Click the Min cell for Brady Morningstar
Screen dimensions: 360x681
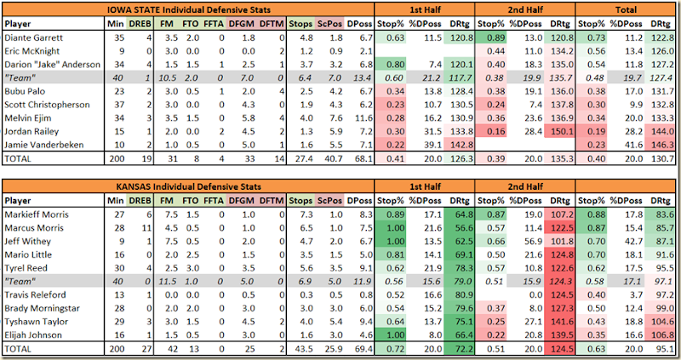pyautogui.click(x=120, y=309)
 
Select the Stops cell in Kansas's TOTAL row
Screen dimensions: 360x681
pyautogui.click(x=301, y=351)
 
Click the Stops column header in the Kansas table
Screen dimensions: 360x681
pyautogui.click(x=302, y=203)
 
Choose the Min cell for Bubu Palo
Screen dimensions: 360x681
pyautogui.click(x=120, y=90)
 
